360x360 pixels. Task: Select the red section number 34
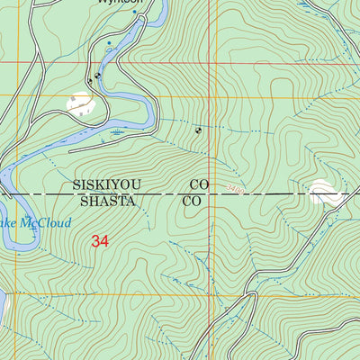(101, 241)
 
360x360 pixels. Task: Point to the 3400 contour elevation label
(236, 189)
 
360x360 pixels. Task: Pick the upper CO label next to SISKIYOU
(199, 184)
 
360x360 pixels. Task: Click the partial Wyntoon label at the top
(118, 4)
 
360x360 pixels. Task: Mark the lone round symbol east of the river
(198, 130)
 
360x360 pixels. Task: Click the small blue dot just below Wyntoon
(110, 42)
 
